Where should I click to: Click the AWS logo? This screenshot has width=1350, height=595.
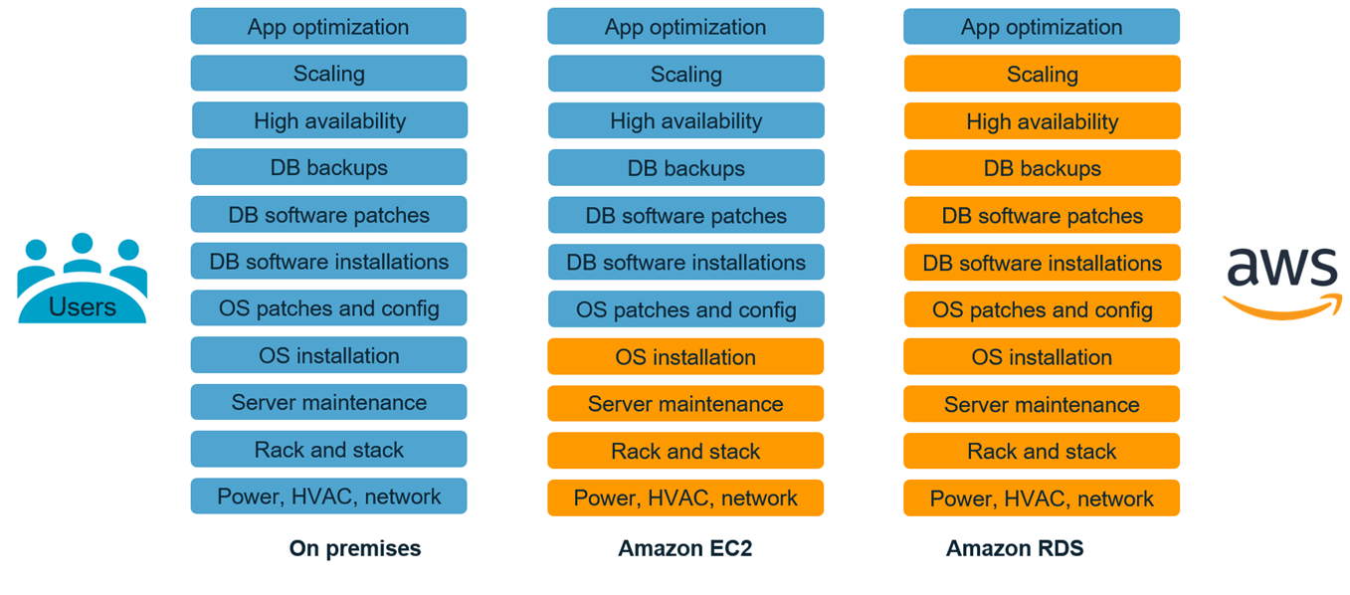tap(1281, 282)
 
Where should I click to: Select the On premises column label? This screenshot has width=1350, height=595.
tap(355, 548)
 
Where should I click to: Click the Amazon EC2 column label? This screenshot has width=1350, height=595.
tap(685, 548)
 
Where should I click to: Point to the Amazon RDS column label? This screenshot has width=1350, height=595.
tap(1015, 548)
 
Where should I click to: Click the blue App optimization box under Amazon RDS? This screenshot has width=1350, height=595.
tap(1042, 27)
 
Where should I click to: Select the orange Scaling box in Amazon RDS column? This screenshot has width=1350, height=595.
tap(1042, 74)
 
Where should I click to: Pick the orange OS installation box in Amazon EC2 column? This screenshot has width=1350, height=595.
tap(685, 356)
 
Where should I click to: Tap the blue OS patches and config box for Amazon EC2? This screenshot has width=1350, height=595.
tap(685, 309)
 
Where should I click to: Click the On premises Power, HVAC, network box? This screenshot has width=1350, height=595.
tap(328, 496)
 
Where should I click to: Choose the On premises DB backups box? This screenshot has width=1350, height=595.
tap(328, 167)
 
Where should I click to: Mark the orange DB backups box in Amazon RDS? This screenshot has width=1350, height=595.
tap(1042, 168)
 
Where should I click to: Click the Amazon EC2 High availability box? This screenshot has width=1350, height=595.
tap(685, 121)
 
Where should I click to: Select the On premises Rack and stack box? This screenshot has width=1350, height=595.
tap(328, 450)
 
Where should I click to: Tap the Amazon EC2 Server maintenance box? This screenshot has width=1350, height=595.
tap(685, 404)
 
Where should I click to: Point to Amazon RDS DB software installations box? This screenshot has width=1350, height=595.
tap(1042, 263)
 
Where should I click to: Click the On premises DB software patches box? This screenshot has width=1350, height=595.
tap(328, 215)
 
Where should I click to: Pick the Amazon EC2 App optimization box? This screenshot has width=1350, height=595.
tap(685, 27)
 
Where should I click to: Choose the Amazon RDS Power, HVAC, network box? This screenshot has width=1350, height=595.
tap(1042, 498)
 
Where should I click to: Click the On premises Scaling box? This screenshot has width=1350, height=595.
tap(328, 74)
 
